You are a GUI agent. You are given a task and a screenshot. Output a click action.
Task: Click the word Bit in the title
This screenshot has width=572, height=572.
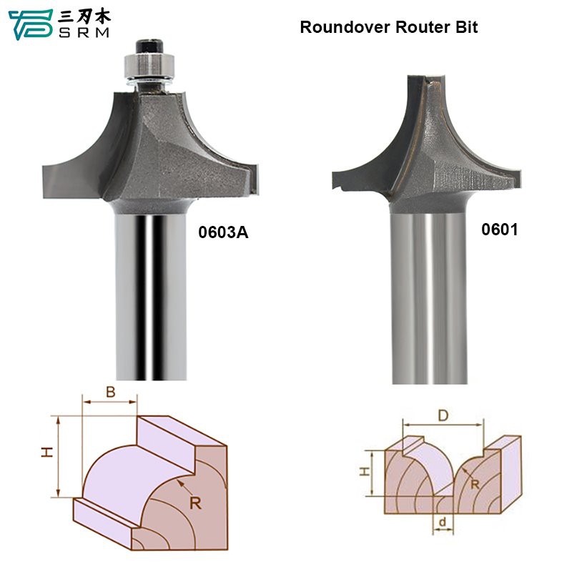[465, 28]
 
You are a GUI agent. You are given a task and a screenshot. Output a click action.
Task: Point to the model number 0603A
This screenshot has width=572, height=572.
[222, 232]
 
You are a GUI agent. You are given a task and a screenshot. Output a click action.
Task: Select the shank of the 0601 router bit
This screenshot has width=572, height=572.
[430, 300]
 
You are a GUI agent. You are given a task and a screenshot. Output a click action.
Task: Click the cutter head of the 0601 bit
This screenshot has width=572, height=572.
[429, 143]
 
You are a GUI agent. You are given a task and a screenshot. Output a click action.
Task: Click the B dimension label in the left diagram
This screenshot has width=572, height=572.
[110, 392]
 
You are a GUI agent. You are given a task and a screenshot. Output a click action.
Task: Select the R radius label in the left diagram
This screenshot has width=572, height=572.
[196, 502]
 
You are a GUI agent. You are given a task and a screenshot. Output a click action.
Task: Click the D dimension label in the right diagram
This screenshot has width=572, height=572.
[443, 415]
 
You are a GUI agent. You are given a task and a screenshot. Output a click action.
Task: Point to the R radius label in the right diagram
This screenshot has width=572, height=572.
[473, 486]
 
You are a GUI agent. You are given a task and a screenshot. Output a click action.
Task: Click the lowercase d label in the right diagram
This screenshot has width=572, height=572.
[443, 523]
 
